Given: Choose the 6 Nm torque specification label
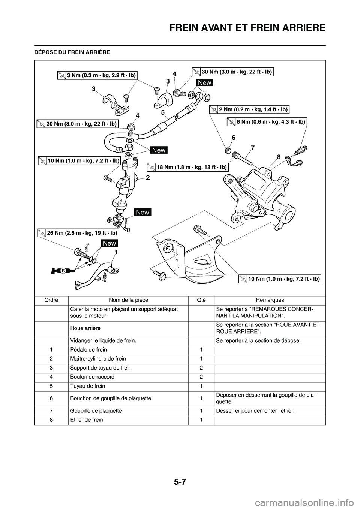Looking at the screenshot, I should click(x=267, y=122).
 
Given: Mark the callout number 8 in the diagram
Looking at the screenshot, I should click(x=279, y=158).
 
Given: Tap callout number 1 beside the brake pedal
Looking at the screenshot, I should click(x=117, y=253).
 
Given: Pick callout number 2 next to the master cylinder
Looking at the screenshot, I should click(x=148, y=178).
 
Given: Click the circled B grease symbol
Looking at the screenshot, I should click(x=64, y=270).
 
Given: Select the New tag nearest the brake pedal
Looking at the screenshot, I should click(x=109, y=243).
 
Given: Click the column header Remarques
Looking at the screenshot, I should click(x=270, y=300).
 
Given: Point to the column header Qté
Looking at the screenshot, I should click(x=201, y=300).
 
